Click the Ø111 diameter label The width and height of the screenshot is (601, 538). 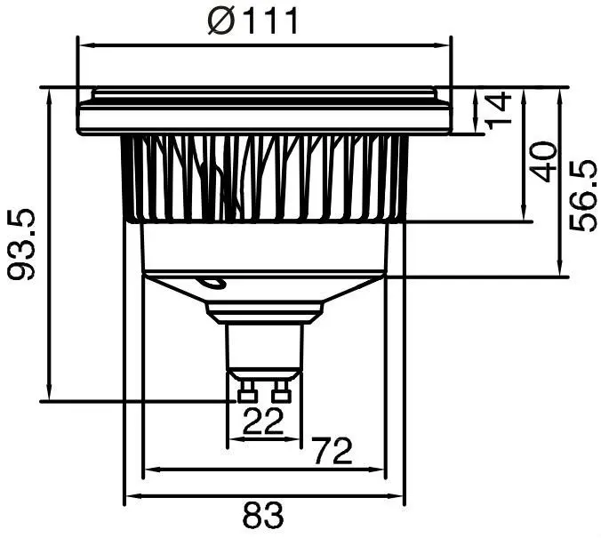[x=252, y=20]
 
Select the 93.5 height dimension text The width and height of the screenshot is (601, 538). [x=21, y=245]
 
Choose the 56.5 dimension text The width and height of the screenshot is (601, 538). [x=583, y=196]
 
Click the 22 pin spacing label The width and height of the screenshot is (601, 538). [x=263, y=421]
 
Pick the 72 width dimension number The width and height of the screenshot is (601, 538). [x=332, y=451]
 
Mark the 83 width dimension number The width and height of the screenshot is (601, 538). [x=263, y=515]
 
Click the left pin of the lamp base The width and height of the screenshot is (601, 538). [x=246, y=391]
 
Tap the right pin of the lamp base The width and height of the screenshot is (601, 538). [x=281, y=391]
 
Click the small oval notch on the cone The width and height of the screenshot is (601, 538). [x=212, y=283]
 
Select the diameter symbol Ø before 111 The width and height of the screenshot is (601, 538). [x=221, y=20]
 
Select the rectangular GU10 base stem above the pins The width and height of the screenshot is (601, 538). [x=264, y=346]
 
